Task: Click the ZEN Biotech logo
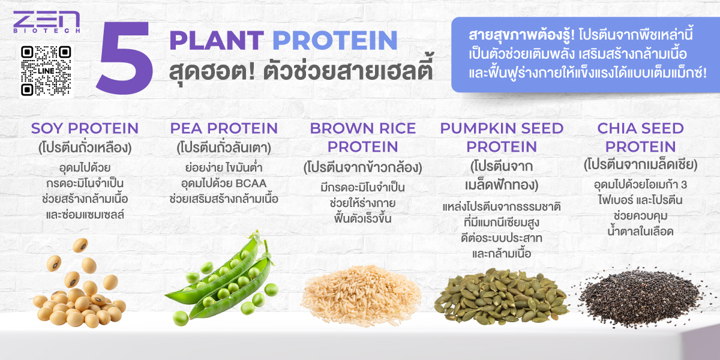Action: [x=47, y=22]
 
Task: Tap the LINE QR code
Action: [x=46, y=71]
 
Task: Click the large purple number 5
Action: [x=125, y=58]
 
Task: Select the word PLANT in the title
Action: [x=217, y=41]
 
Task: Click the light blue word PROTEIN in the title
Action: [x=335, y=41]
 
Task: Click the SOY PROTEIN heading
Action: [x=85, y=128]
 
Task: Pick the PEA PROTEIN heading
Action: [x=224, y=128]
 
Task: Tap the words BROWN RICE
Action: [x=363, y=128]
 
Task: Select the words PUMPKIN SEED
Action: [x=502, y=128]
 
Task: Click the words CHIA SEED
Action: [x=641, y=128]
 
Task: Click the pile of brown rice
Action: [x=361, y=295]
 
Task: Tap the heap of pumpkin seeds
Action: [x=501, y=296]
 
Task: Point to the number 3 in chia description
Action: [x=683, y=185]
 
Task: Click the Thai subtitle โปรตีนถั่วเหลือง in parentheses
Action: [x=85, y=148]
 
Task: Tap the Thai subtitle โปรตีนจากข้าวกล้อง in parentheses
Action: [x=363, y=167]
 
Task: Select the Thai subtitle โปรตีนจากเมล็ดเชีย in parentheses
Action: [x=641, y=165]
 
